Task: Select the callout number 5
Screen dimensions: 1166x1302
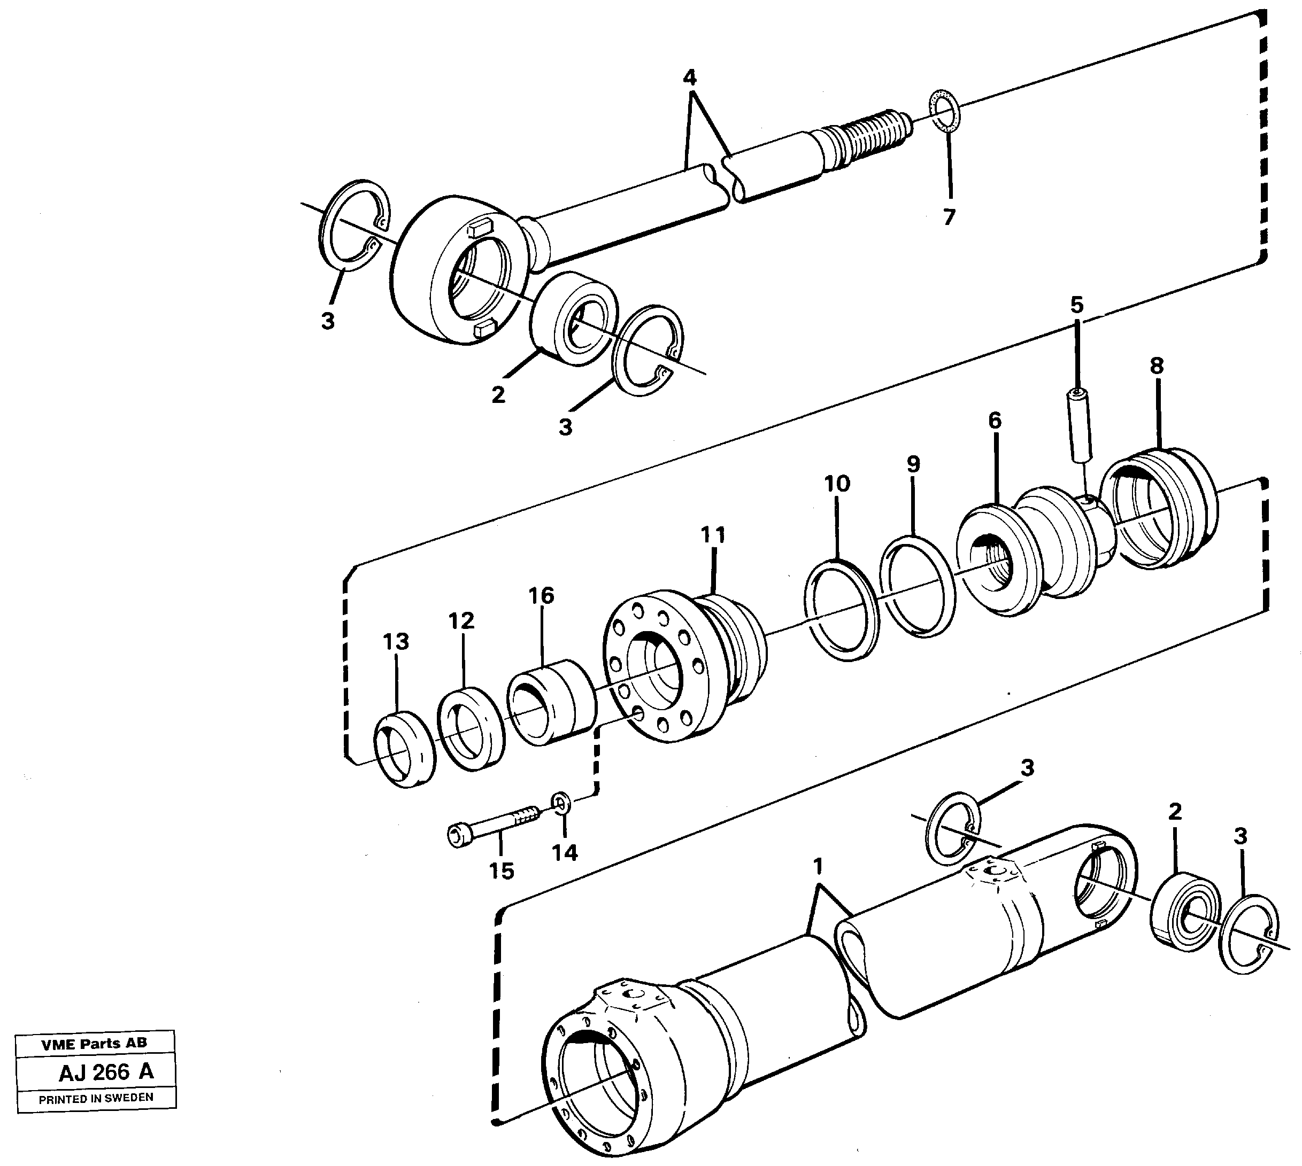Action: (x=1076, y=306)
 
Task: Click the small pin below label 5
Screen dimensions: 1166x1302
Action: (x=1079, y=425)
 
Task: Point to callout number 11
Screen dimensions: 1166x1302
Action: (x=713, y=534)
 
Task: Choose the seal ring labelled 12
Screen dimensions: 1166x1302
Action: (x=471, y=727)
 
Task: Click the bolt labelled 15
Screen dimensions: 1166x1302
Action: (x=494, y=827)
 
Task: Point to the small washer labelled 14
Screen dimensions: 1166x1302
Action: (x=561, y=802)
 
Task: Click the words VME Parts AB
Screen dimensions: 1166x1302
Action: (x=94, y=1044)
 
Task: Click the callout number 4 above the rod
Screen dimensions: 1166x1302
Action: (x=689, y=78)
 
